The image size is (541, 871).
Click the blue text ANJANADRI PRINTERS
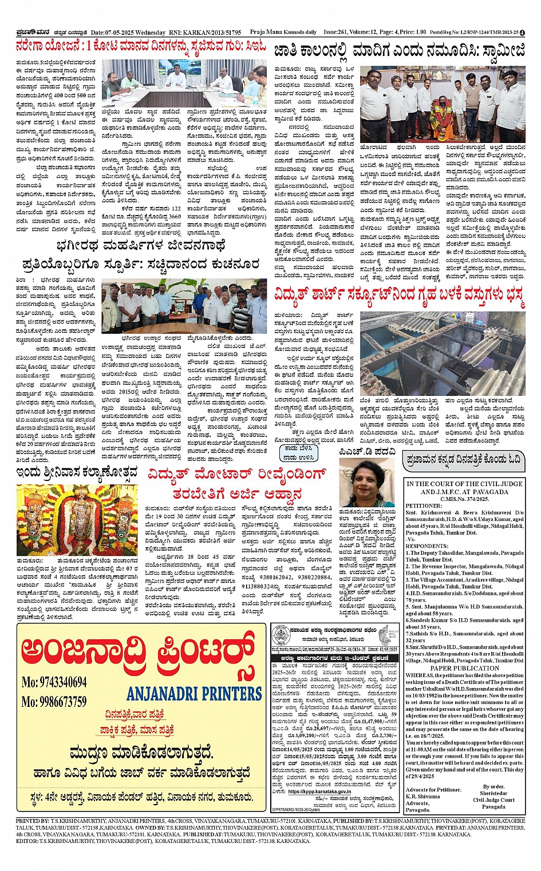click(x=194, y=694)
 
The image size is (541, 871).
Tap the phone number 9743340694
click(x=54, y=682)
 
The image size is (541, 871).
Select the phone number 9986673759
click(x=54, y=701)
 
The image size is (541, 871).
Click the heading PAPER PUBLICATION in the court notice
click(x=464, y=668)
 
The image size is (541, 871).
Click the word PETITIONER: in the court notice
click(x=424, y=506)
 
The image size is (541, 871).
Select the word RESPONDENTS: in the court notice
click(x=427, y=546)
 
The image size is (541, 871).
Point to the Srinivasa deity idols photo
click(x=77, y=519)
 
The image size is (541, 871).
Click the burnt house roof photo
click(x=442, y=353)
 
